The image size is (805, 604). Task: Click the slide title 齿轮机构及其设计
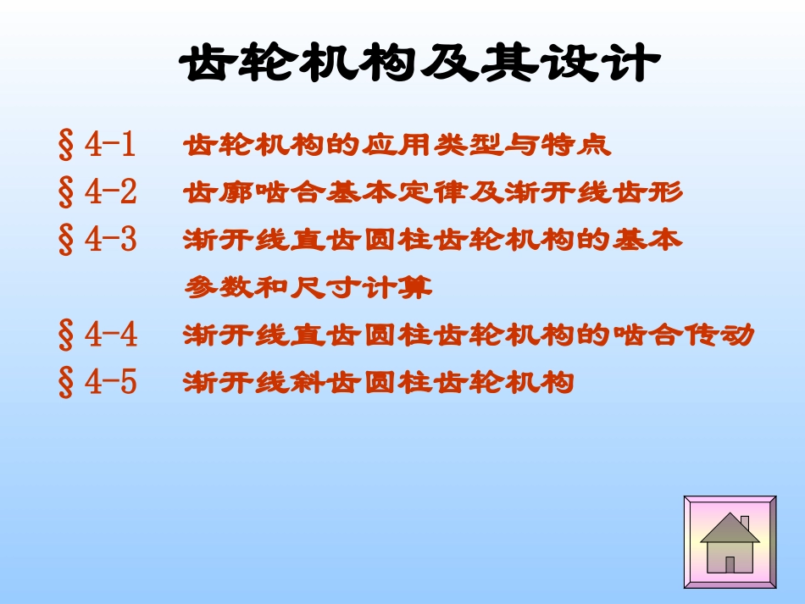420,64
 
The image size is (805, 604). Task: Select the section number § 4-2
97,193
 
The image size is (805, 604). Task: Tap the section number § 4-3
97,241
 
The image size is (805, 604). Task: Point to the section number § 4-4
97,336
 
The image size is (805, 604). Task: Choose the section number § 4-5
97,384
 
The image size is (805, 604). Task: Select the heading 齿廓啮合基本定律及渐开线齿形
433,193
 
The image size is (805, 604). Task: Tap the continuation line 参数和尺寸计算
308,289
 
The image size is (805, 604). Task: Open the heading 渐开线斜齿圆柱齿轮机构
379,384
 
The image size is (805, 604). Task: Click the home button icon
730,542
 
